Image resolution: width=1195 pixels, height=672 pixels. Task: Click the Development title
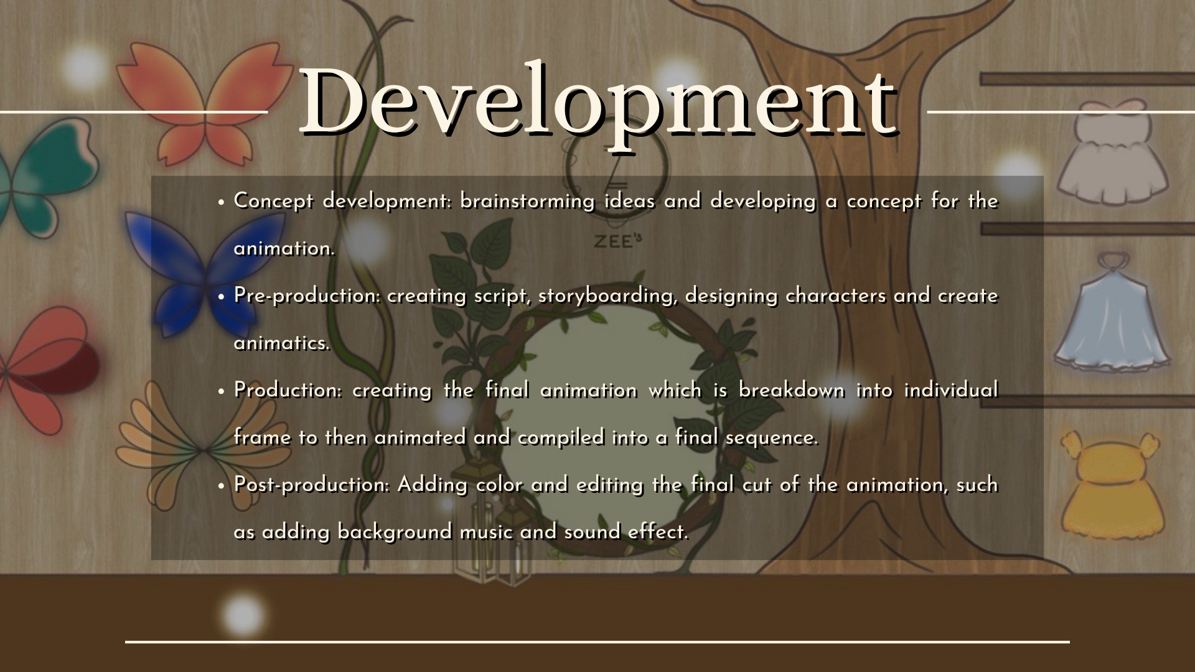(x=599, y=101)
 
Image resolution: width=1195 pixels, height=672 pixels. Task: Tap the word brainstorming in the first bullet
(x=527, y=202)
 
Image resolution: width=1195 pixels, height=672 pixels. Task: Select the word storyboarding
(x=608, y=296)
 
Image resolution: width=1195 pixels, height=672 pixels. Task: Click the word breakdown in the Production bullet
(x=791, y=390)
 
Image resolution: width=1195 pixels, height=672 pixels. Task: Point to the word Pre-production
(x=307, y=296)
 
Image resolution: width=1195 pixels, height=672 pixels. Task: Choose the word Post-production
(x=312, y=485)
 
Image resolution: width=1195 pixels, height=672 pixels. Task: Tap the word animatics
(x=282, y=343)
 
